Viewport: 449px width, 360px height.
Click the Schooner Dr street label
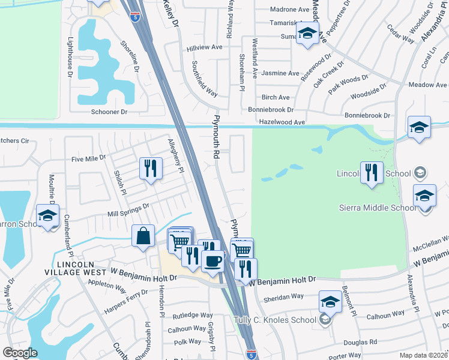coord(109,112)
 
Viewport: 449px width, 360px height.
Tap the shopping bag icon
coord(143,236)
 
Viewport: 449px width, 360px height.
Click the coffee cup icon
coord(212,260)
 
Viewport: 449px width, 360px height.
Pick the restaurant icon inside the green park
coord(371,173)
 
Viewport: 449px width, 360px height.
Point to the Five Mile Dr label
coord(88,158)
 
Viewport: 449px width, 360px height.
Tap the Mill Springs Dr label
coord(128,210)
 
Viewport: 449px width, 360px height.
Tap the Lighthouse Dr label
coord(70,58)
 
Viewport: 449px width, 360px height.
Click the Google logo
coord(20,353)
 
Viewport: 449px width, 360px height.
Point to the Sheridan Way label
coord(283,296)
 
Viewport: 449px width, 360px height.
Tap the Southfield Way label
coord(204,78)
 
